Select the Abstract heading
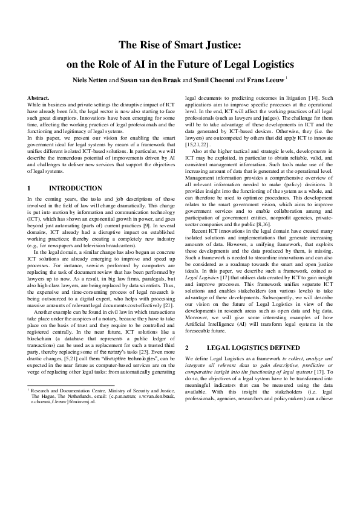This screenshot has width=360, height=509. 39,97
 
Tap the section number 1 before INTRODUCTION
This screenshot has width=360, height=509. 30,189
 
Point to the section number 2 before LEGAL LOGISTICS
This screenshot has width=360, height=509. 187,365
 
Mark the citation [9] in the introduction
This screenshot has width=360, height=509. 155,225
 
